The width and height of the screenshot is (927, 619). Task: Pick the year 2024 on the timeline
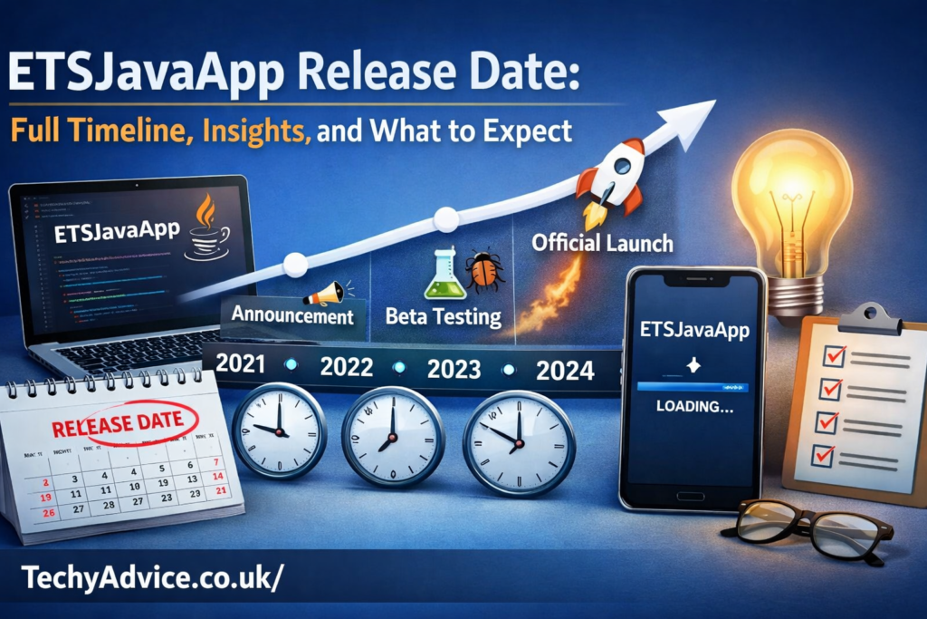[565, 369]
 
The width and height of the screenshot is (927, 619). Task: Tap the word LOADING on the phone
[693, 407]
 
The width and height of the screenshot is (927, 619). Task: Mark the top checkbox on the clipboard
[830, 356]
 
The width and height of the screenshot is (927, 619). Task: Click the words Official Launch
[602, 243]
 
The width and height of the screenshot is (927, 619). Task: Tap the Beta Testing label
[443, 317]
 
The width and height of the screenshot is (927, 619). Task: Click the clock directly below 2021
[280, 430]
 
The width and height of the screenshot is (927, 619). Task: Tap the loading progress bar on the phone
[693, 385]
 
